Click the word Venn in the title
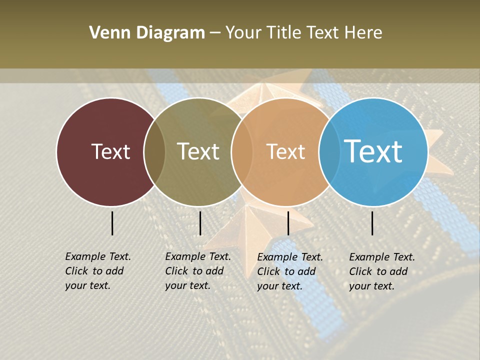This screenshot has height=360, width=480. pos(105,33)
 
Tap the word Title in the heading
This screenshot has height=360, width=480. pos(286,33)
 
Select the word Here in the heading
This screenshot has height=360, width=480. pos(363,33)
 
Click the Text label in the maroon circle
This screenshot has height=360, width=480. pos(110,151)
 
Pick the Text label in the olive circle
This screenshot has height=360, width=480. pos(198,151)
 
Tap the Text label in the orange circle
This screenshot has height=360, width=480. pos(285,151)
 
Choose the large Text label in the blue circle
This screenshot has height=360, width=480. pos(373,151)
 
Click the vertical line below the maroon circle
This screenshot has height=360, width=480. pos(112,223)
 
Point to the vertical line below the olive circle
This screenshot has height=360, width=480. pos(200,223)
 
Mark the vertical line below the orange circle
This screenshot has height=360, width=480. pos(288,223)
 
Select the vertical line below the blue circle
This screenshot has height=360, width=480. pos(372,223)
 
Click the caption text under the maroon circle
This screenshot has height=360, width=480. pos(97,271)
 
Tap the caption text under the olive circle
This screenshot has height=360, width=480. pos(197,271)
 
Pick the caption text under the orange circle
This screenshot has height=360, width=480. pos(289,271)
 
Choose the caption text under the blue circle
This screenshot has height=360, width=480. pos(381,271)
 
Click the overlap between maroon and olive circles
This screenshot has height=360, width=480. pos(154,152)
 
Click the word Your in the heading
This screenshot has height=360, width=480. pos(243,33)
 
